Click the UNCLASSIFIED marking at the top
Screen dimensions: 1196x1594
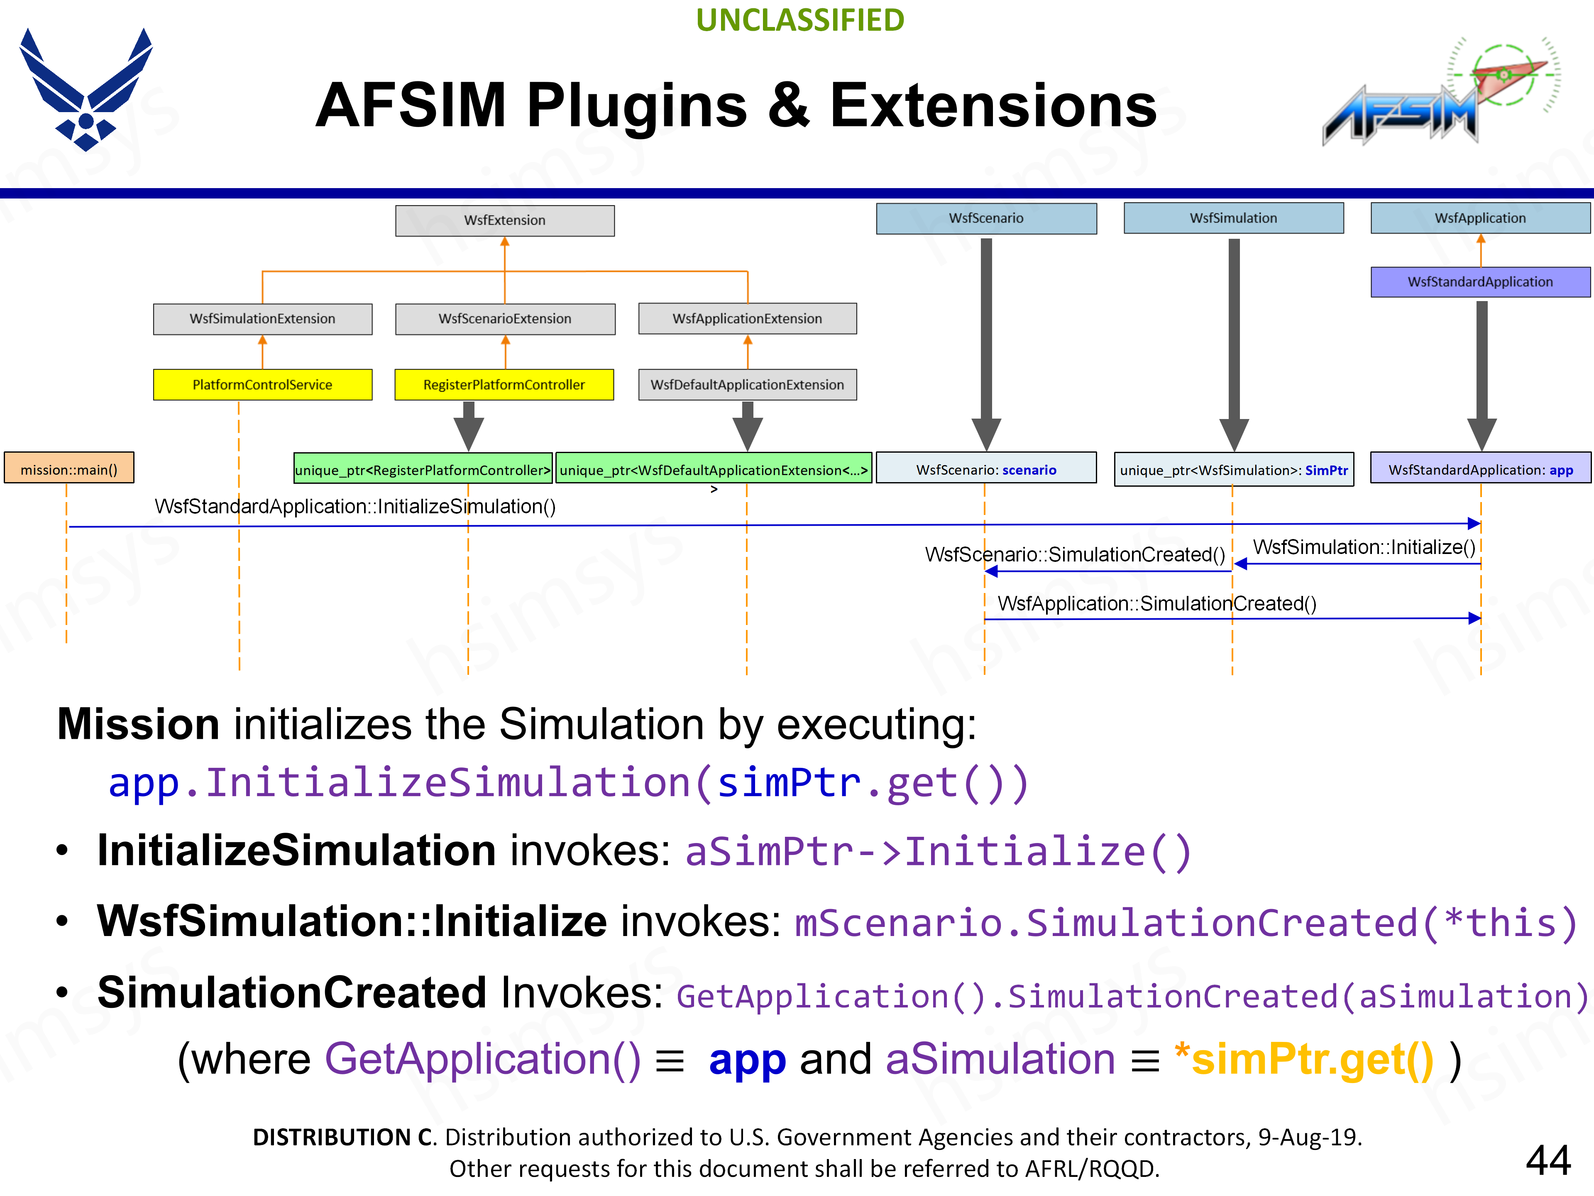pyautogui.click(x=800, y=20)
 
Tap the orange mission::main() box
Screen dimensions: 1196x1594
pyautogui.click(x=69, y=469)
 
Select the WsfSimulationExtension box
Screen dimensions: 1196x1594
pyautogui.click(x=262, y=319)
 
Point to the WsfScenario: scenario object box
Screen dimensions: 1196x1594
pyautogui.click(x=986, y=469)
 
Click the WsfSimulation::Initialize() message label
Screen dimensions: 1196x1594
pyautogui.click(x=1364, y=547)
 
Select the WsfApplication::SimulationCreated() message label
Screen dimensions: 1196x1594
pyautogui.click(x=1156, y=603)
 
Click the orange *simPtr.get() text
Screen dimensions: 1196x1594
pyautogui.click(x=1304, y=1059)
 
